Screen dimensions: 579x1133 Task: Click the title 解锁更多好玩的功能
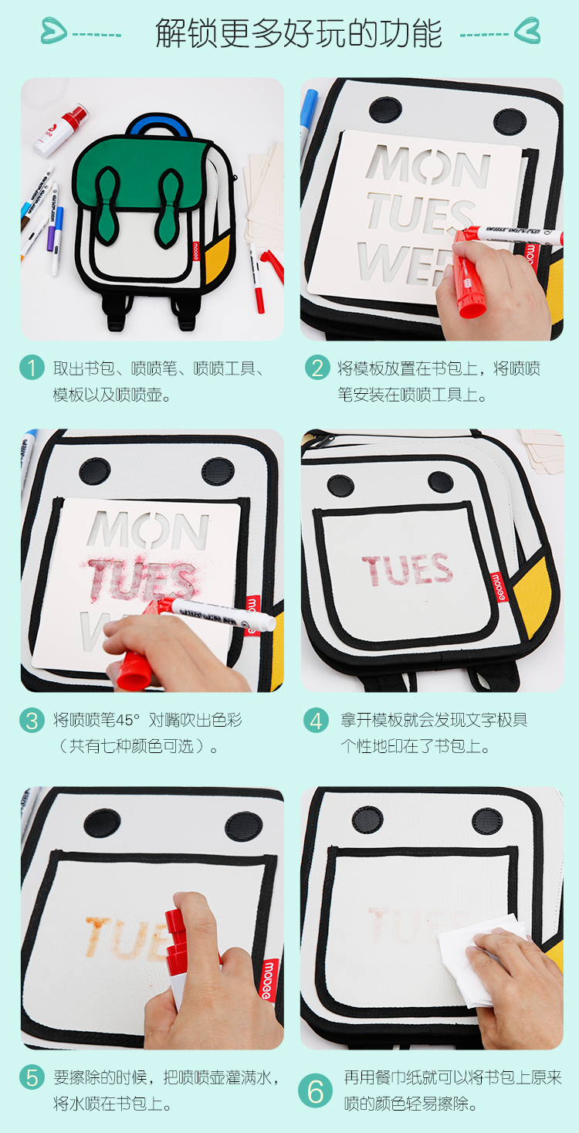coord(298,33)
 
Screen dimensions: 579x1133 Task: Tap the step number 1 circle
coord(32,367)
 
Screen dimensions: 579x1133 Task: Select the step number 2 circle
coord(317,367)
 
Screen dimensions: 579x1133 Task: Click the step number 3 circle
coord(32,720)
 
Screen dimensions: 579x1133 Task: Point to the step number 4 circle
coord(316,720)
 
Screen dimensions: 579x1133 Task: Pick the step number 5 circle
coord(32,1077)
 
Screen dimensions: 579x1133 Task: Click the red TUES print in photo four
coord(407,569)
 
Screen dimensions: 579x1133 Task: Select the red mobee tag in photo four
coord(498,586)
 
